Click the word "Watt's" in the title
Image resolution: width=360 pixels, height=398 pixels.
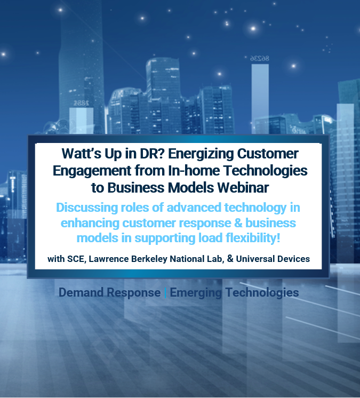click(82, 153)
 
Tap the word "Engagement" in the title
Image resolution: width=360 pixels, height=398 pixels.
click(92, 171)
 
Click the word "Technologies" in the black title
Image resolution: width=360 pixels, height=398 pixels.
click(266, 171)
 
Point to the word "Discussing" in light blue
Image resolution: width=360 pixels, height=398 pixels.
click(87, 208)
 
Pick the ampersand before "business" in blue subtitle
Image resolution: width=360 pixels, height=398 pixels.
click(238, 223)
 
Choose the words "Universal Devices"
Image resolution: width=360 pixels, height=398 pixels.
click(273, 259)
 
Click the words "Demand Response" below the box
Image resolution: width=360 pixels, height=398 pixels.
click(109, 292)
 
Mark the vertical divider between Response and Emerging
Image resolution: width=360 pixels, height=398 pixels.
click(165, 293)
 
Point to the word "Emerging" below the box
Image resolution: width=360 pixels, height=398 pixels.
click(196, 293)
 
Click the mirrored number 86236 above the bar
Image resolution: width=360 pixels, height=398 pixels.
click(260, 58)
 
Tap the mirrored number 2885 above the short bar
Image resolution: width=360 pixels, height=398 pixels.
click(81, 103)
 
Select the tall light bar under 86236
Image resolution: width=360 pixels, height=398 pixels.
click(260, 99)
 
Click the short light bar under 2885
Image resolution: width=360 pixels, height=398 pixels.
click(81, 121)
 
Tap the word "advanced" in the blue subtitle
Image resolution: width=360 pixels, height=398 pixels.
click(194, 208)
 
